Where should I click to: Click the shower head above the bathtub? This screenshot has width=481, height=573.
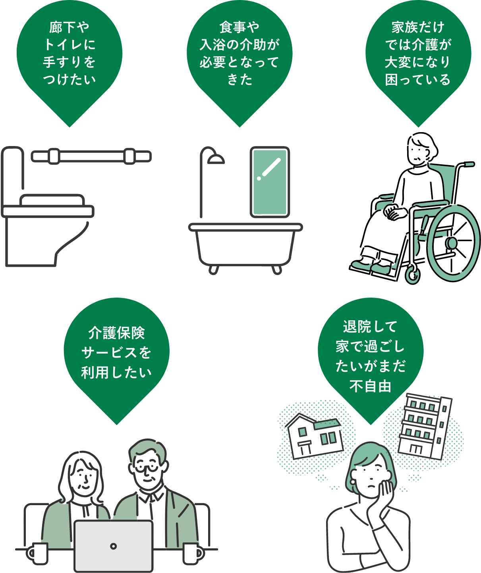pyautogui.click(x=215, y=159)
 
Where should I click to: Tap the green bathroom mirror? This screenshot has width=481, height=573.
pyautogui.click(x=270, y=182)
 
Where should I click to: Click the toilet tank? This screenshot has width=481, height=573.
pyautogui.click(x=13, y=175)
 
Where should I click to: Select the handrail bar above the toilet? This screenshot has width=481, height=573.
pyautogui.click(x=91, y=156)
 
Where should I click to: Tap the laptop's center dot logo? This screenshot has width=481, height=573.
pyautogui.click(x=114, y=546)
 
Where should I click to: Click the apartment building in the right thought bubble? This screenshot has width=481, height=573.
pyautogui.click(x=424, y=427)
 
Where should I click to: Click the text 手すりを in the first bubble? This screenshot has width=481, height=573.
pyautogui.click(x=70, y=62)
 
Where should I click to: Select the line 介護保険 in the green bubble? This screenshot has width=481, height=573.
pyautogui.click(x=116, y=333)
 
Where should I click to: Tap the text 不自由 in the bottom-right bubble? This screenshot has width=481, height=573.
pyautogui.click(x=370, y=386)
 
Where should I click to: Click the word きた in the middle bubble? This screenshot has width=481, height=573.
pyautogui.click(x=240, y=79)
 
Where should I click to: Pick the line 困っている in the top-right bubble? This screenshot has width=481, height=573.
pyautogui.click(x=418, y=79)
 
